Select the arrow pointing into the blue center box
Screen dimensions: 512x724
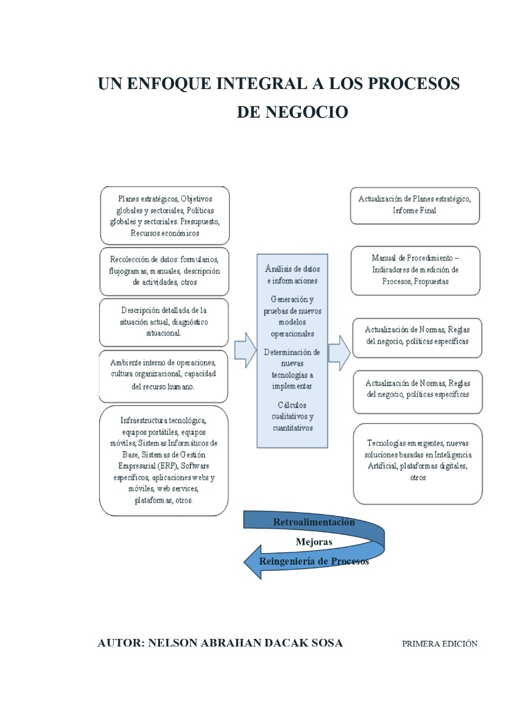(245, 350)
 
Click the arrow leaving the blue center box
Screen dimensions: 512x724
(339, 353)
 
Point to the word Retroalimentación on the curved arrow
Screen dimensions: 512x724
(314, 522)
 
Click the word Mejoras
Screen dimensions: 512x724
(314, 542)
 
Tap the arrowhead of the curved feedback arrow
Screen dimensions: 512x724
(253, 562)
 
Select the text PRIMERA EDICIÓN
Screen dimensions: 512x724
(440, 643)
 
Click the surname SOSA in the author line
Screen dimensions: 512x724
(327, 643)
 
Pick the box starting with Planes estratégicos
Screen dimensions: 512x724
(165, 216)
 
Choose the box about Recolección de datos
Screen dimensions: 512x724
(164, 271)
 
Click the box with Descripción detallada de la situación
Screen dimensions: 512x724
(164, 322)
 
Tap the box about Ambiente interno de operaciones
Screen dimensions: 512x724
(163, 376)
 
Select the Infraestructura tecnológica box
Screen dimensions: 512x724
(164, 460)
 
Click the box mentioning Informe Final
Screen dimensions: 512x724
(415, 205)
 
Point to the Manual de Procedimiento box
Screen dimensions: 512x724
(415, 271)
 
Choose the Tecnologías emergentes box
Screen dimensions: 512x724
(418, 463)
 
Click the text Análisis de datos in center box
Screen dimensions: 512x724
(292, 269)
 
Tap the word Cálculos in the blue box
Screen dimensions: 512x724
(292, 405)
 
